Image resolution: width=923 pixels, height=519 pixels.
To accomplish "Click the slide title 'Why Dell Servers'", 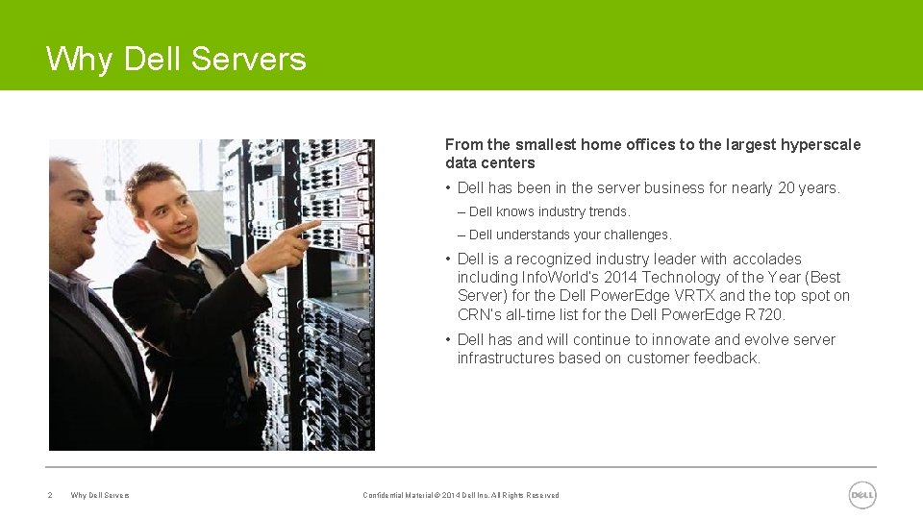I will point(176,60).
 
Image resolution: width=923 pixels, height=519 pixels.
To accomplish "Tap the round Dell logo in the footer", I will point(862,495).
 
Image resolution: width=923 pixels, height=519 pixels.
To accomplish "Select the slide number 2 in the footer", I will point(50,496).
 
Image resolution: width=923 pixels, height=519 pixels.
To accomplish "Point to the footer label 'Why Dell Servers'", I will point(100,496).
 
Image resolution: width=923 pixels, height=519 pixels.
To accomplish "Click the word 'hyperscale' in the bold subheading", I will point(821,145).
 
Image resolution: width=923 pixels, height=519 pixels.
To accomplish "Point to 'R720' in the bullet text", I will point(764,314).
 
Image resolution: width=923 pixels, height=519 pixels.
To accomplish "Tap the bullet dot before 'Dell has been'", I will point(448,188).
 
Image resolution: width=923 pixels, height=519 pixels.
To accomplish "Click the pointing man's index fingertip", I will point(316,224).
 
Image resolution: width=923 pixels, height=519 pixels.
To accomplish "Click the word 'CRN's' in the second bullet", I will point(479,314).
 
